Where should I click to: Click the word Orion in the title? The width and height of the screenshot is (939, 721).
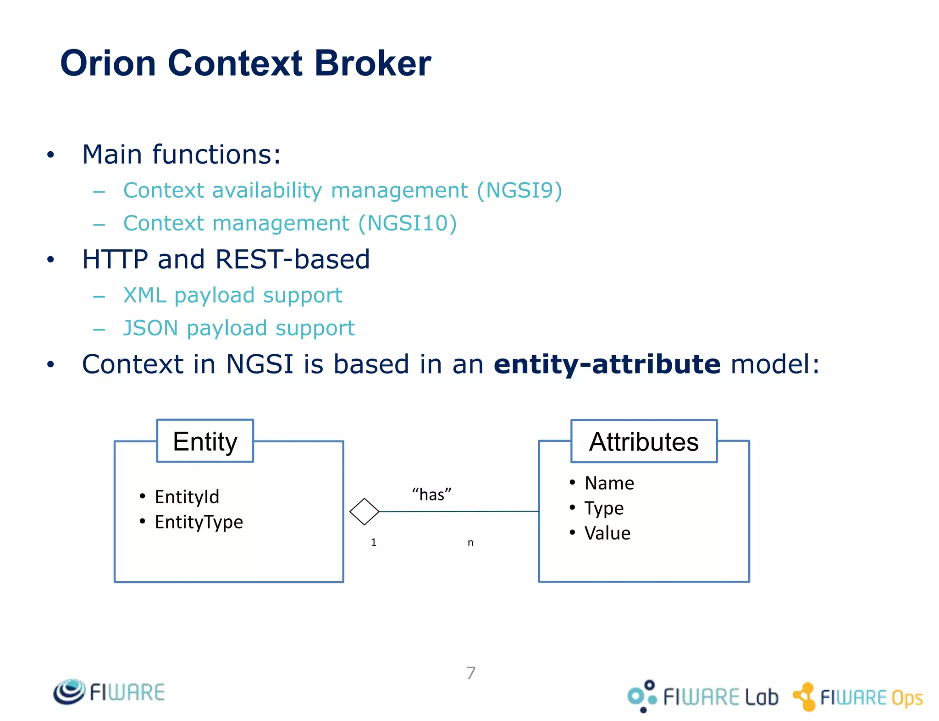pyautogui.click(x=108, y=63)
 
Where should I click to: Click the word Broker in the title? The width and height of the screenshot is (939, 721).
pyautogui.click(x=372, y=63)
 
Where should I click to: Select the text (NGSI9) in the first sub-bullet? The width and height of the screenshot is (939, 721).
pyautogui.click(x=519, y=190)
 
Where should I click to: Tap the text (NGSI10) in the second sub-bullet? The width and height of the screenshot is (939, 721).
pyautogui.click(x=407, y=224)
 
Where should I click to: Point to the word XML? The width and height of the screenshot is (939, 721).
pyautogui.click(x=144, y=295)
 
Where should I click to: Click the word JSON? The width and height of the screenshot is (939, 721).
pyautogui.click(x=150, y=328)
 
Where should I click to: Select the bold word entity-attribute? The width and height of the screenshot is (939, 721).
pyautogui.click(x=607, y=364)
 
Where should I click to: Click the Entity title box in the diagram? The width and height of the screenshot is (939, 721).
pyautogui.click(x=205, y=441)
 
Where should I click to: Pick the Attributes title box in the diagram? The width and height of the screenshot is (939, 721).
pyautogui.click(x=644, y=441)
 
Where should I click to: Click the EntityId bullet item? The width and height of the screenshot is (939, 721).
pyautogui.click(x=187, y=497)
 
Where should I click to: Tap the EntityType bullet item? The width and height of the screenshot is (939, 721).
pyautogui.click(x=199, y=522)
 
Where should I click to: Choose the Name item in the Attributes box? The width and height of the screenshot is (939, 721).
pyautogui.click(x=609, y=483)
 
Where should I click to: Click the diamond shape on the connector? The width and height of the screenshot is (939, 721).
pyautogui.click(x=364, y=512)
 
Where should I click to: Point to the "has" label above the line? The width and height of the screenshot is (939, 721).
pyautogui.click(x=431, y=495)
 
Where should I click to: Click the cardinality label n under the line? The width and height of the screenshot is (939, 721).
pyautogui.click(x=470, y=543)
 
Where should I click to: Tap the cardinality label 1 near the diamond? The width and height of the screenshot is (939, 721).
pyautogui.click(x=374, y=542)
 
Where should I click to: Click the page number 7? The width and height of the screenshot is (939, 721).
pyautogui.click(x=471, y=673)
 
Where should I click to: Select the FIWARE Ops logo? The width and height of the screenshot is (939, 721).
pyautogui.click(x=858, y=697)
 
